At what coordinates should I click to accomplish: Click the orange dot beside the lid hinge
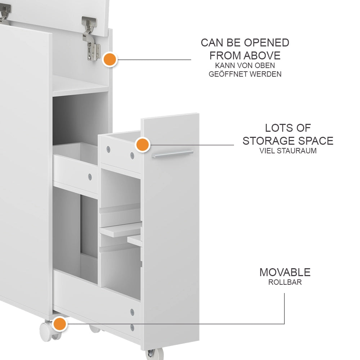(x=110, y=60)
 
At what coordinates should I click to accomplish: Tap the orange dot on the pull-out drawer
(x=143, y=145)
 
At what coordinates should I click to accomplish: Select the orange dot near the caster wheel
(x=60, y=324)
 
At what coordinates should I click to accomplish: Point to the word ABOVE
(x=262, y=55)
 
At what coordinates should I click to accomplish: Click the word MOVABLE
(x=285, y=272)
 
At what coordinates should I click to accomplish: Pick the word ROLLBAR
(x=285, y=282)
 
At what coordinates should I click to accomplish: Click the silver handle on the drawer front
(x=172, y=154)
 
